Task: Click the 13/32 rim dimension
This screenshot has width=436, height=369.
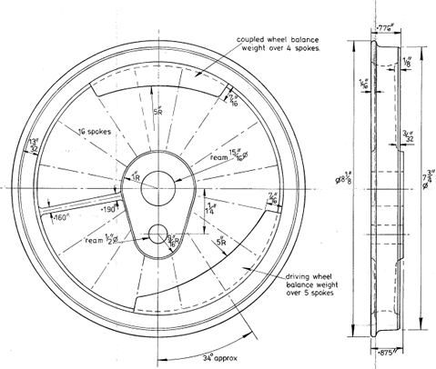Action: pyautogui.click(x=34, y=146)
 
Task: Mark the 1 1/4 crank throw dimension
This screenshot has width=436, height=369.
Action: pyautogui.click(x=212, y=209)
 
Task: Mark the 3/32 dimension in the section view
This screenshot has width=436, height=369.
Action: pyautogui.click(x=410, y=137)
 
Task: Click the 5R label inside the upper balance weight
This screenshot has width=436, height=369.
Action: pyautogui.click(x=157, y=113)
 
